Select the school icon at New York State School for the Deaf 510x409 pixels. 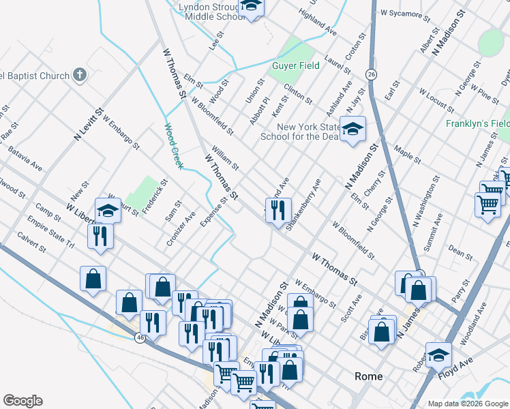(x=352, y=129)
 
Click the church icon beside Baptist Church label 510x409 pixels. (x=80, y=74)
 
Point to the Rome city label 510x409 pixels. (x=368, y=376)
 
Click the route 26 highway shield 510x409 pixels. (x=371, y=73)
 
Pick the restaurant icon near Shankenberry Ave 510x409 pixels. (x=278, y=210)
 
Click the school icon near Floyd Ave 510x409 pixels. (x=438, y=354)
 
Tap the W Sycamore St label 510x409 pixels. (x=406, y=12)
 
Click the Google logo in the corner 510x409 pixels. (x=22, y=401)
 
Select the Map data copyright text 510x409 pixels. (x=468, y=404)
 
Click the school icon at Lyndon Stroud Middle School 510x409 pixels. (x=251, y=7)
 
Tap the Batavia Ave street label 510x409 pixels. (x=26, y=161)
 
